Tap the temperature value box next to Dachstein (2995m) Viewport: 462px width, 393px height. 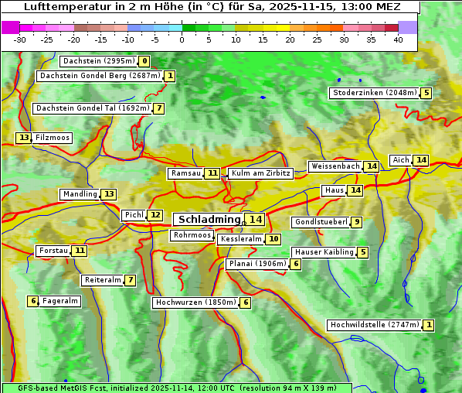point(144,61)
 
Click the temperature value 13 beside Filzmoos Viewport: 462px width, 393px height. point(24,138)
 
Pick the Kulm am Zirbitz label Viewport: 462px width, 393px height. point(260,173)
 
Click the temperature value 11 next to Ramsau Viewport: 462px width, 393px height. point(212,173)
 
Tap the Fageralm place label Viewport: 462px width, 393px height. point(60,301)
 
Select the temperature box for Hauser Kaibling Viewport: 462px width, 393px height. point(363,252)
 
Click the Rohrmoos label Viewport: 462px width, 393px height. point(192,235)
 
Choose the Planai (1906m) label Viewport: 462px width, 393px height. point(257,264)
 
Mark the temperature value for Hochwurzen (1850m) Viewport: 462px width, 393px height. point(246,302)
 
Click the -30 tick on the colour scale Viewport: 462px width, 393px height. point(20,39)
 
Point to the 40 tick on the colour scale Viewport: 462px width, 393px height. point(398,39)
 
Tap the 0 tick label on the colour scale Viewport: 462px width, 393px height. point(182,39)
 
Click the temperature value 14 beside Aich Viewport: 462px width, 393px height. point(420,160)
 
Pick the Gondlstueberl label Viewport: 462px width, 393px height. point(320,222)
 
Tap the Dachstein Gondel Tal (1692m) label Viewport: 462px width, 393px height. point(92,108)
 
